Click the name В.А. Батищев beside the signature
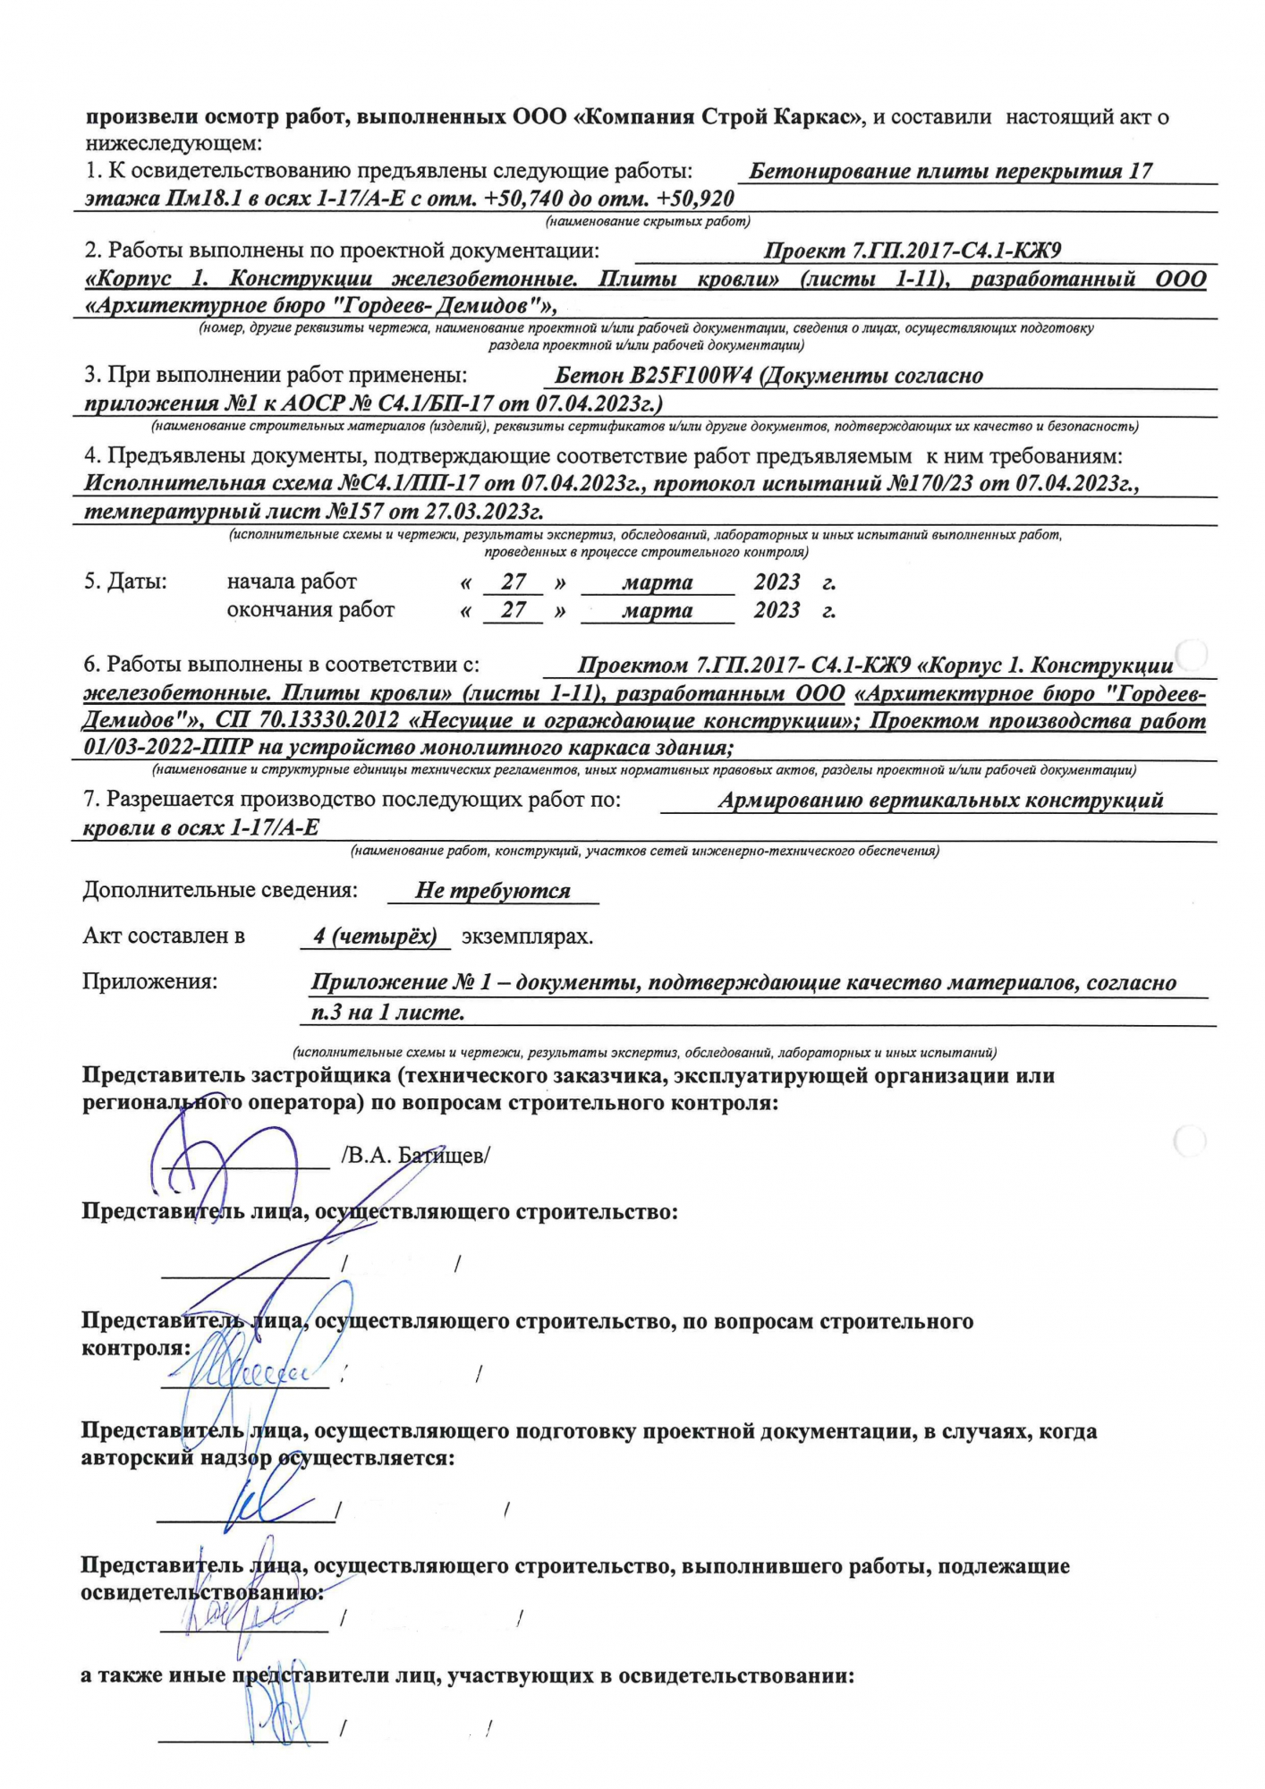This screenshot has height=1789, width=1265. (x=416, y=1155)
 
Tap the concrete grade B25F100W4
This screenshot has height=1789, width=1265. (x=654, y=376)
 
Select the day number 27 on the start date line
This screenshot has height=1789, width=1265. (x=514, y=582)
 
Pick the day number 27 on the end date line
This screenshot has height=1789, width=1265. (x=514, y=610)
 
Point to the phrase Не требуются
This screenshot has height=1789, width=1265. (x=493, y=891)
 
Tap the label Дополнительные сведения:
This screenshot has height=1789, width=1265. (x=220, y=890)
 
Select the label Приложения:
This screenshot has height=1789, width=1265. (x=149, y=981)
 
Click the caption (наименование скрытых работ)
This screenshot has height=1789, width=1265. (x=648, y=221)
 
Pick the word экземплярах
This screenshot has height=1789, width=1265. (x=527, y=937)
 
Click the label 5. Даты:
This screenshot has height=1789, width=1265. (x=125, y=581)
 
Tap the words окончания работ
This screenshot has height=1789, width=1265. (x=310, y=610)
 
